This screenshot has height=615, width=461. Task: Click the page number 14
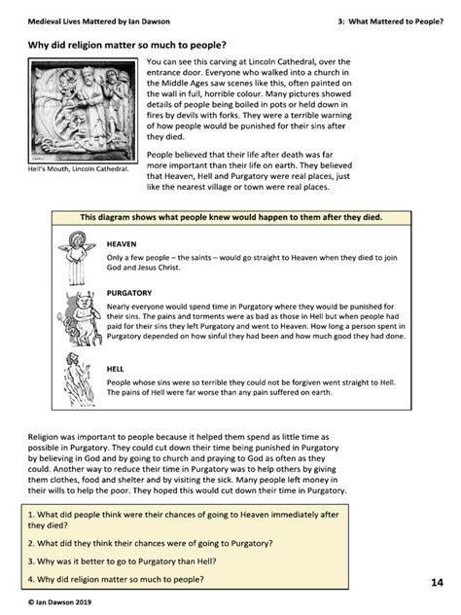436,583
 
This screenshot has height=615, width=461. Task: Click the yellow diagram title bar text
231,218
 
